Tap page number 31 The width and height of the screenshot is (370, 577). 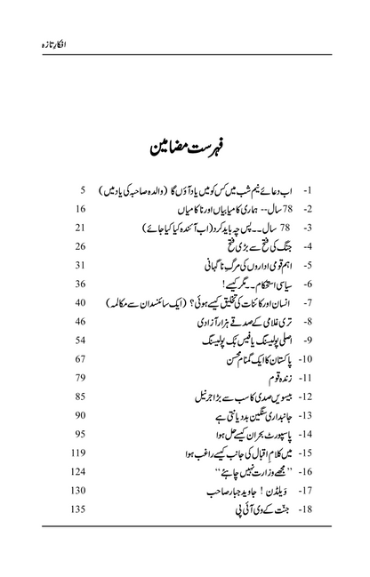[x=78, y=265]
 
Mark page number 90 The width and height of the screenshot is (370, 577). [x=78, y=414]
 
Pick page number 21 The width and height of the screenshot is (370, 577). [x=78, y=228]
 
